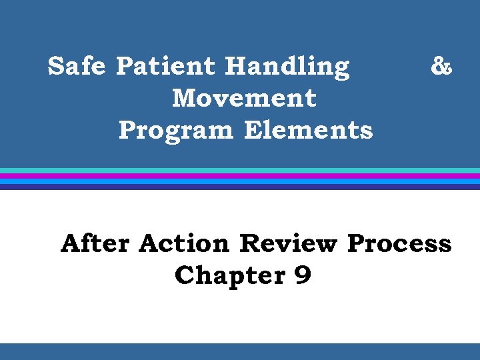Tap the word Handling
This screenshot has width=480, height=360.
(x=287, y=67)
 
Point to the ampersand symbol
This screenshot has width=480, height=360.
(x=441, y=66)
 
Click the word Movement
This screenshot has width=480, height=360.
(x=244, y=98)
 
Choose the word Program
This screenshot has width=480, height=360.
(x=176, y=131)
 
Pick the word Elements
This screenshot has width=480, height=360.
(x=308, y=129)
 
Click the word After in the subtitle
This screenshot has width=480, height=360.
(x=95, y=243)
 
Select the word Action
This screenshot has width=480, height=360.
(x=184, y=243)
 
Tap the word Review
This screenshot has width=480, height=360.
(x=288, y=243)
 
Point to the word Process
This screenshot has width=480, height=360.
(x=399, y=243)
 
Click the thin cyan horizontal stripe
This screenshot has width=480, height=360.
(x=240, y=171)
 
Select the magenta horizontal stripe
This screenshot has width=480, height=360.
(x=240, y=176)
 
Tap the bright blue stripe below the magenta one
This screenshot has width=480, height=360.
(x=240, y=181)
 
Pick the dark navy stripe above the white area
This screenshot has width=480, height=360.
(x=240, y=187)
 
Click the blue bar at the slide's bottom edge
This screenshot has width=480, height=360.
(x=240, y=351)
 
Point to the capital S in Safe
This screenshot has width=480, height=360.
(x=57, y=67)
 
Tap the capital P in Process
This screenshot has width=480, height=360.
(x=357, y=243)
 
